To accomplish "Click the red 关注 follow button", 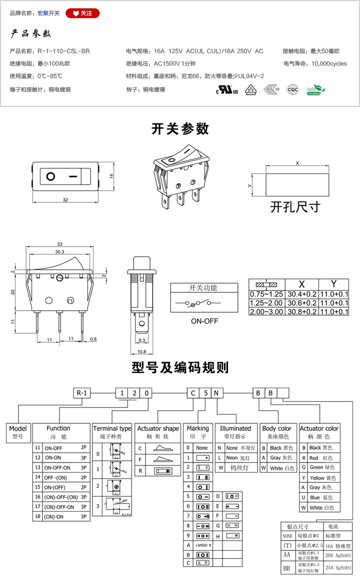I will pos(82,13).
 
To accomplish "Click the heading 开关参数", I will pos(180,128).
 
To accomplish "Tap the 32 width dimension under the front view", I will pos(65,200).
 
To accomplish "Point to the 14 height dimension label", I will pos(112,176).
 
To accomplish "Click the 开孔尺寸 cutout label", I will pos(294,206).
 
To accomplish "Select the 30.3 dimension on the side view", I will pos(59,252).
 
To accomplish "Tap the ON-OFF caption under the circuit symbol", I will pos(204,321).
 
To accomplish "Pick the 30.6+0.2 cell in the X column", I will pos(301,303).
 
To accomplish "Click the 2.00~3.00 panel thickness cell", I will pos(266,312).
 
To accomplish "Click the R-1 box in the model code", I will pos(81,393).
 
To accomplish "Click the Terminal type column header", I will pos(112,428).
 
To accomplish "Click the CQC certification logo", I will pos(292,89).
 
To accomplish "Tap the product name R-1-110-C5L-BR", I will pos(63,51).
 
